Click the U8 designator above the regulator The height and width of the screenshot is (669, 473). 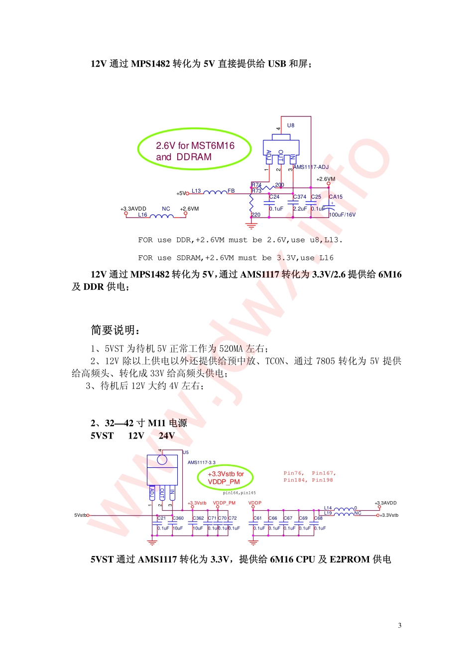click(291, 125)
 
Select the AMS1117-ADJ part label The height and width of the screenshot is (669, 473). click(311, 167)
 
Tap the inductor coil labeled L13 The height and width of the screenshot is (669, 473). click(214, 192)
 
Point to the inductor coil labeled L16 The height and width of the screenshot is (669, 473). click(161, 216)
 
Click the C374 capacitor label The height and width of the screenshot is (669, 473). click(300, 197)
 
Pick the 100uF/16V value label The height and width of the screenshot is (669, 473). click(343, 215)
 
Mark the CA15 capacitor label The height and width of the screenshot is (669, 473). click(336, 197)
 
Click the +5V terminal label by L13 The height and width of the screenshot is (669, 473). click(181, 193)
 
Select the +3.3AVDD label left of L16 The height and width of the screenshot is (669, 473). click(133, 209)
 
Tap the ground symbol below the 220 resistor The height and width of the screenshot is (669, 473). click(251, 225)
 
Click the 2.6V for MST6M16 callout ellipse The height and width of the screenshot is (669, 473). click(195, 149)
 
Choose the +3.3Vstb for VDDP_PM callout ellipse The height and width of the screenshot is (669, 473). click(225, 477)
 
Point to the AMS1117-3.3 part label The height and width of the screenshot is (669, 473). click(202, 462)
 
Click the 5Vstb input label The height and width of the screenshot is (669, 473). click(80, 515)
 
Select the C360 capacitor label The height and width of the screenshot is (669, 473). click(178, 518)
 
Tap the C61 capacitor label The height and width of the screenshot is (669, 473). click(257, 518)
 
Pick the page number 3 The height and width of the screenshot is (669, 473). click(400, 626)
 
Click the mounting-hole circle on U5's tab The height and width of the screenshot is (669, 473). click(162, 460)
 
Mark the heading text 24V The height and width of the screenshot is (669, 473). click(167, 436)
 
